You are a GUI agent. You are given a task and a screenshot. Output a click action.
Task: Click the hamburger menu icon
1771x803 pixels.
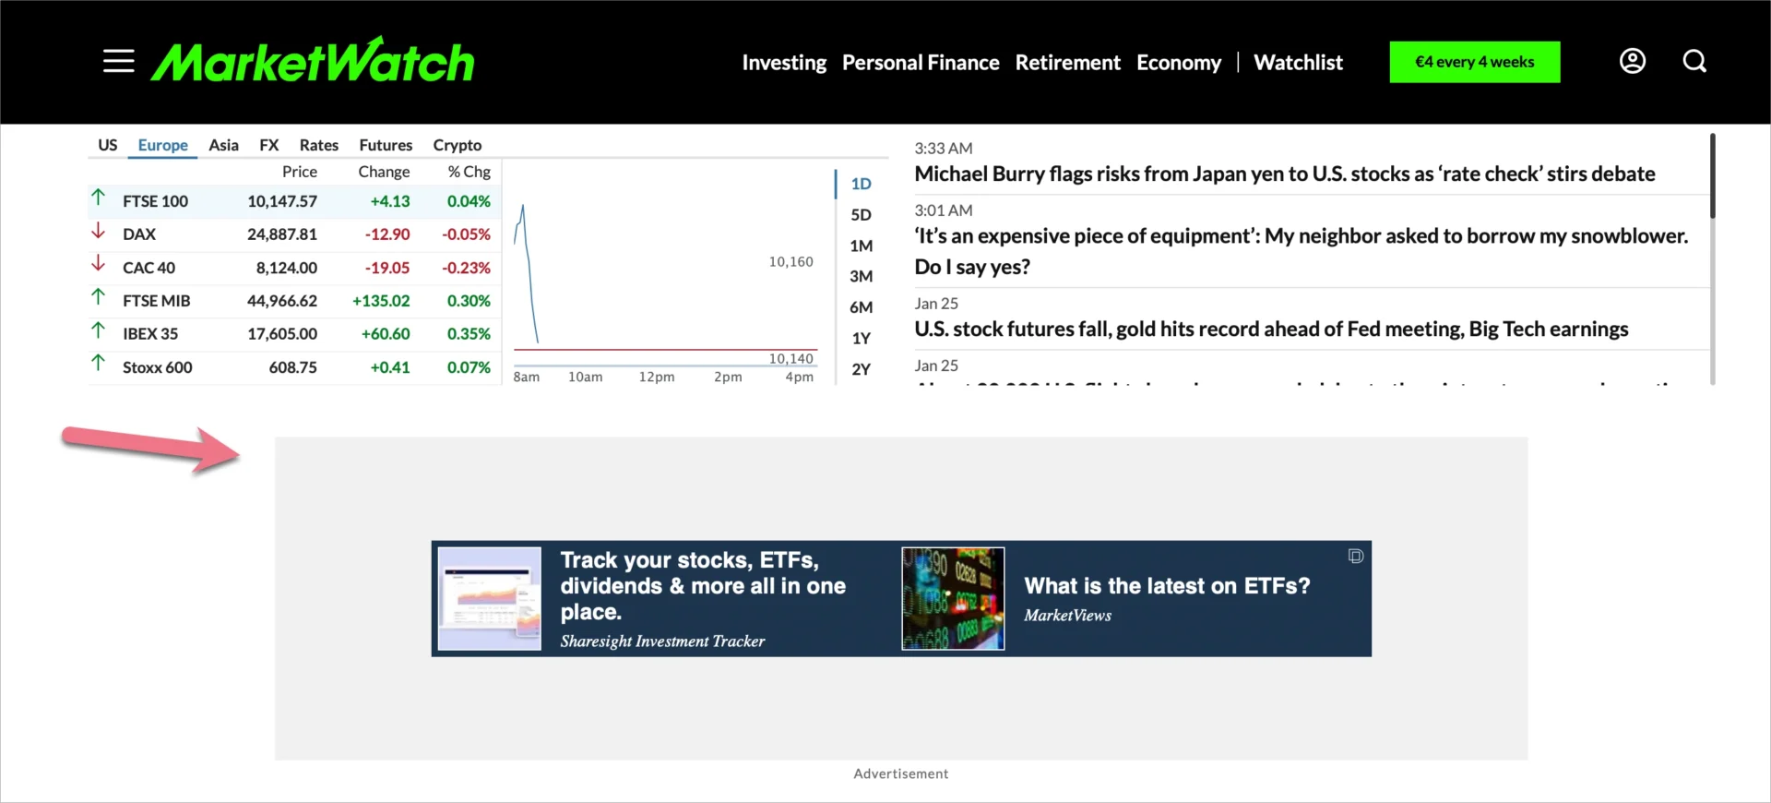(x=118, y=62)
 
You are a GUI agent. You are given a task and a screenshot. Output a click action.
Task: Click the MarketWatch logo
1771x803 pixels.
(x=313, y=62)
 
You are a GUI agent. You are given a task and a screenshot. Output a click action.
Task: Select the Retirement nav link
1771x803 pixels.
(x=1067, y=63)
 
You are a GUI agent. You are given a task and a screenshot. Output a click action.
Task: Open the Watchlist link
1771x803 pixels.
(x=1298, y=63)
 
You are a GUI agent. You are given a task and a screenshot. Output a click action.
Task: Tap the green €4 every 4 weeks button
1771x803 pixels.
(x=1474, y=62)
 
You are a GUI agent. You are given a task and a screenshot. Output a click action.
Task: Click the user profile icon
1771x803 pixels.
(x=1632, y=61)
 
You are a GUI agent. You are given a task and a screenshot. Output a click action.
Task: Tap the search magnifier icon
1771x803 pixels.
(x=1694, y=61)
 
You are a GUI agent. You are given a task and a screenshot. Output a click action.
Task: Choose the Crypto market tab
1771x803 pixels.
(x=457, y=145)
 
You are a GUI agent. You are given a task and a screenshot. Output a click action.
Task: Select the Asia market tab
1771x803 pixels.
(x=223, y=145)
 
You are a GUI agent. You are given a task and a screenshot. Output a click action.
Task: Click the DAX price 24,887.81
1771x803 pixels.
(x=281, y=234)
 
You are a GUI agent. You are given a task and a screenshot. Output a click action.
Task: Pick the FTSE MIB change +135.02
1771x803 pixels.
(x=381, y=301)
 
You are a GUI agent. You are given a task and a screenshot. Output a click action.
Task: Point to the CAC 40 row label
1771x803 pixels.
(x=149, y=268)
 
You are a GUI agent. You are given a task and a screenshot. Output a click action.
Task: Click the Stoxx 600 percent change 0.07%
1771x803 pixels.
(x=469, y=367)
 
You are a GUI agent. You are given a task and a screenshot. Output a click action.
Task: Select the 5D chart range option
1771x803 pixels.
(x=861, y=215)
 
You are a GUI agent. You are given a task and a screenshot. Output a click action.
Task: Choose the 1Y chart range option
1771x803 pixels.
(x=861, y=339)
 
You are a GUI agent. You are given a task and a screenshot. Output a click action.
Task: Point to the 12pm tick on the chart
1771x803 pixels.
(x=657, y=378)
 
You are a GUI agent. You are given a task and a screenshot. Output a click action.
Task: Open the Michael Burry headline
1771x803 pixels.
(x=1284, y=174)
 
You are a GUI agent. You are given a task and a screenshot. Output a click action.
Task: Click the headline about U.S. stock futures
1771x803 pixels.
(x=1271, y=330)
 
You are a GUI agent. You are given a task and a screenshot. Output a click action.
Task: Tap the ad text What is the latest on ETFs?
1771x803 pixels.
(x=1167, y=586)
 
